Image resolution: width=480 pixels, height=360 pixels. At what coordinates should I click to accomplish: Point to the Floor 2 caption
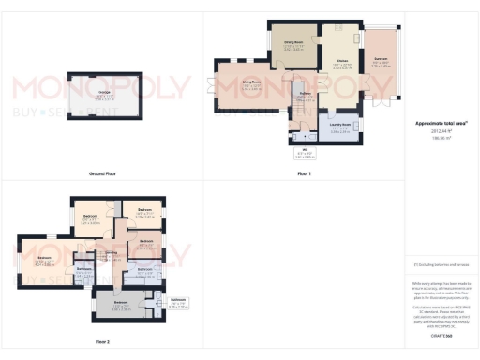(x=101, y=342)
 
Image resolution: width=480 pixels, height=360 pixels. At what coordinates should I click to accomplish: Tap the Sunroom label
(x=381, y=60)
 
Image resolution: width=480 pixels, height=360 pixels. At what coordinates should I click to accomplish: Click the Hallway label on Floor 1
(x=306, y=94)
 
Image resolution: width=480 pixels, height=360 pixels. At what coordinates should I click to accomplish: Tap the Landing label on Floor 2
(x=111, y=254)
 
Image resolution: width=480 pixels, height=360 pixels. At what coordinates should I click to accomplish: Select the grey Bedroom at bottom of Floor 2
(x=121, y=303)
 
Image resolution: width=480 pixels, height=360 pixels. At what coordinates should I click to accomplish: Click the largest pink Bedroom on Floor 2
(x=45, y=259)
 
